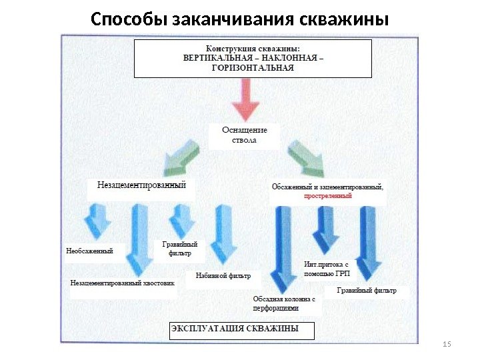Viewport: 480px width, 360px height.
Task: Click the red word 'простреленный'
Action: (327, 197)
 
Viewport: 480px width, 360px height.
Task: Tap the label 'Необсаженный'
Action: (91, 251)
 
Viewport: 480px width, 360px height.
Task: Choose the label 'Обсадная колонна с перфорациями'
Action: (286, 304)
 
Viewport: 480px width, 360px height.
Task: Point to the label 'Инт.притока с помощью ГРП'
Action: (327, 269)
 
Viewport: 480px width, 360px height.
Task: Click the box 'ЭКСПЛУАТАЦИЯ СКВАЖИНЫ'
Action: (241, 329)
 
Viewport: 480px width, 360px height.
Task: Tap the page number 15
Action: (447, 343)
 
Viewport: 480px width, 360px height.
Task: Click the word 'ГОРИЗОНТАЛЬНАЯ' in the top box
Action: (253, 67)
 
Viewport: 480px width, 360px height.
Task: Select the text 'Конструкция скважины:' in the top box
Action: (253, 48)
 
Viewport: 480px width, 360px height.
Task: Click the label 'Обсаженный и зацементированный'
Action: (328, 187)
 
